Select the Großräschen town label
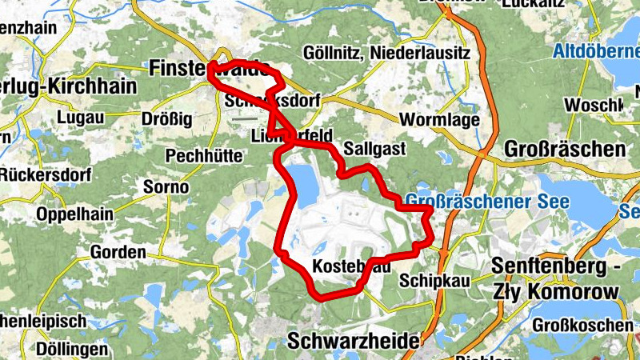pyautogui.click(x=565, y=150)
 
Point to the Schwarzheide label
pyautogui.click(x=352, y=341)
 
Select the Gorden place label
pyautogui.click(x=118, y=253)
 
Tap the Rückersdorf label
pyautogui.click(x=46, y=174)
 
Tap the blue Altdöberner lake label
pyautogui.click(x=595, y=54)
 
